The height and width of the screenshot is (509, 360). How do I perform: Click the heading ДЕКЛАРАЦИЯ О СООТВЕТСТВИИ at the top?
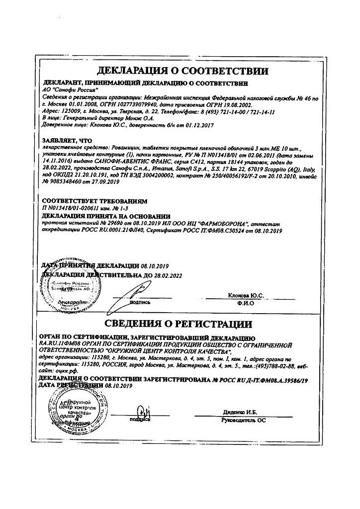click(x=183, y=71)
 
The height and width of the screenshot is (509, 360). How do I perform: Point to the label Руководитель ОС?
click(x=244, y=421)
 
